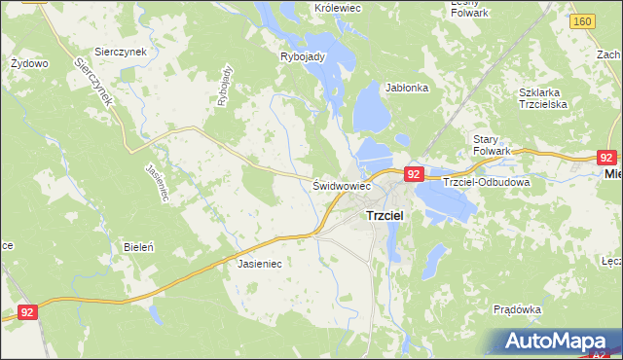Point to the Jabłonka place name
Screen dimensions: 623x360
407,87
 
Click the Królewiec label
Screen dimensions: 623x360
338,8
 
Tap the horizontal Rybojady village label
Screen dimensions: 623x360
302,56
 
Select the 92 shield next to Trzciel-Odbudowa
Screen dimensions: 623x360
414,174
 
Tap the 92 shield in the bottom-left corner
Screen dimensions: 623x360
28,312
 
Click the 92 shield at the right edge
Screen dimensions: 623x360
606,156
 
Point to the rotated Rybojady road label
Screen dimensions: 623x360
226,85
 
